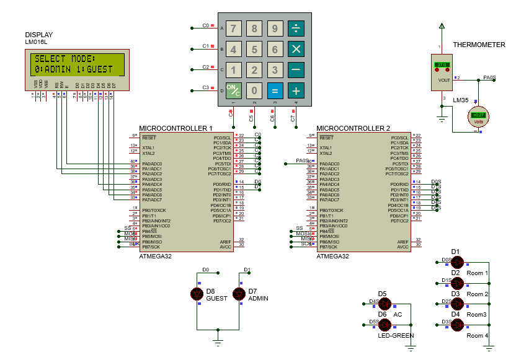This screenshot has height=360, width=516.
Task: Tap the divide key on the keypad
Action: point(296,28)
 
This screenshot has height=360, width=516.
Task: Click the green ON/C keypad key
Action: point(233,90)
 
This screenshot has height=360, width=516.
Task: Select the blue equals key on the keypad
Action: point(275,90)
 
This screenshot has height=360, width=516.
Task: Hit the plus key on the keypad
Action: point(296,90)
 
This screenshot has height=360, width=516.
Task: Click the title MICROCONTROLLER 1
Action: point(176,128)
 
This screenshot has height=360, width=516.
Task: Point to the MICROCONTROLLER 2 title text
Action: point(353,128)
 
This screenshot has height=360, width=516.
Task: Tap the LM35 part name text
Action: point(460,100)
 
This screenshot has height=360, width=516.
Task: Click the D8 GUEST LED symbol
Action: point(198,294)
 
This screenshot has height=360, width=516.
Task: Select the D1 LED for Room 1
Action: point(458,263)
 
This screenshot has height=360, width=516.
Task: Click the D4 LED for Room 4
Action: point(458,325)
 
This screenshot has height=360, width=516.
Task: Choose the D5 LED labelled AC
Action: point(385,304)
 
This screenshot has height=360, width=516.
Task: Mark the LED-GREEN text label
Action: point(395,335)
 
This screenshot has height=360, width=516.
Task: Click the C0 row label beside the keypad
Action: point(206,26)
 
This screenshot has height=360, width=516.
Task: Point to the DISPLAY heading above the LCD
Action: point(38,35)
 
